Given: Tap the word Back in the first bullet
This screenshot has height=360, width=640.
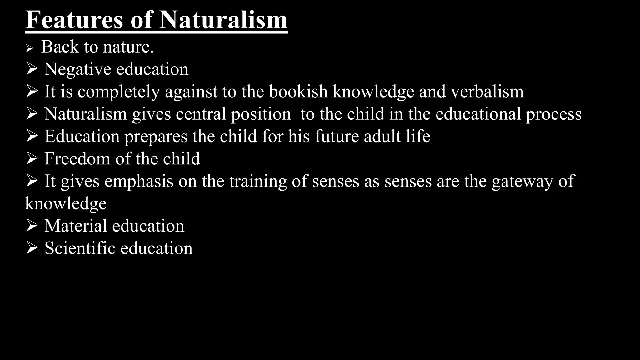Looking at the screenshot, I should pyautogui.click(x=60, y=47).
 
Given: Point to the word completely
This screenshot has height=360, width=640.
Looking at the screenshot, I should pyautogui.click(x=118, y=92).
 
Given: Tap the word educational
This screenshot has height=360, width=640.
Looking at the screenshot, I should pyautogui.click(x=478, y=114).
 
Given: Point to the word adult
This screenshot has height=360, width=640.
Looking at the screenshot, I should pyautogui.click(x=382, y=136).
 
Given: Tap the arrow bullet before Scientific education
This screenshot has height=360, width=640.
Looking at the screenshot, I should pyautogui.click(x=32, y=248).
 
